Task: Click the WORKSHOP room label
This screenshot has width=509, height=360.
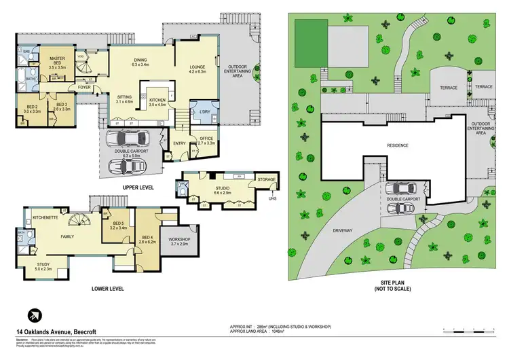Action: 180,240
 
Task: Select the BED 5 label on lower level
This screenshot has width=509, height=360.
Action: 118,223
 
